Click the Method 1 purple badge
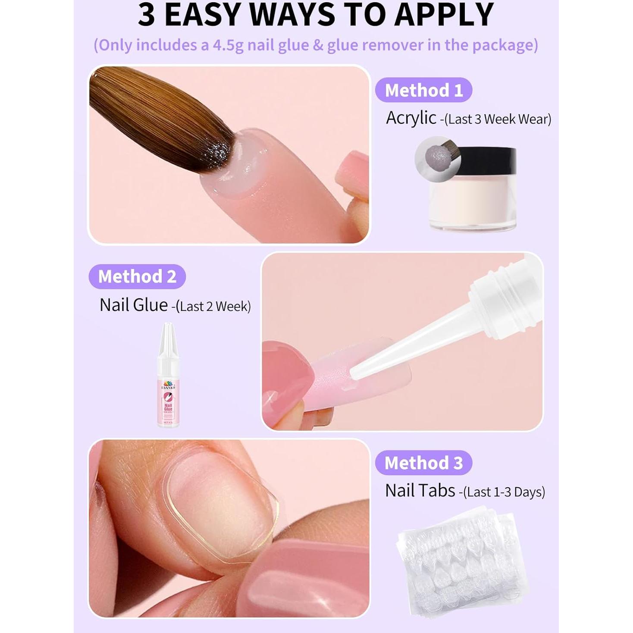coord(423,90)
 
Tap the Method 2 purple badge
coord(137,276)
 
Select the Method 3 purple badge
coord(423,463)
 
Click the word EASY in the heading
coord(203,15)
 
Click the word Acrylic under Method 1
coord(411,118)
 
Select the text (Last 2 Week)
coord(213,307)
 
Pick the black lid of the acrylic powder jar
coord(489,159)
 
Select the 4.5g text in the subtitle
coord(228,45)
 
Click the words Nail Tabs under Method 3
coord(420,491)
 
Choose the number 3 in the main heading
coord(147,15)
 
